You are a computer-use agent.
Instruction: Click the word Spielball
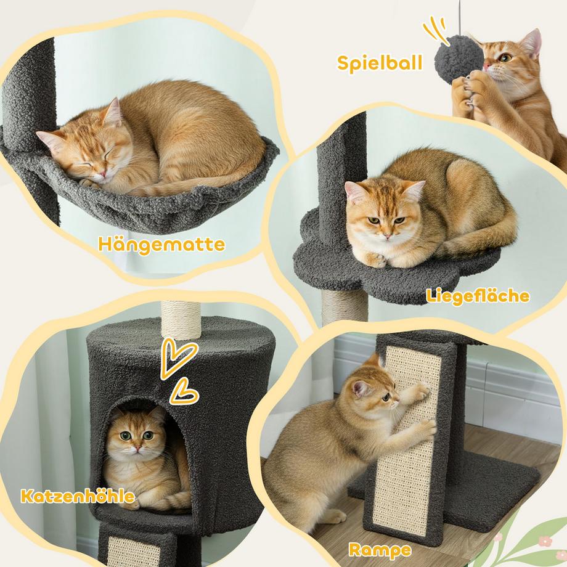pyautogui.click(x=380, y=63)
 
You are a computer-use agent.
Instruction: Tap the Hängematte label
pyautogui.click(x=161, y=245)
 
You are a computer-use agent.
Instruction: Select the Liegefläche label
pyautogui.click(x=478, y=296)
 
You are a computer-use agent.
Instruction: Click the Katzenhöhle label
pyautogui.click(x=78, y=496)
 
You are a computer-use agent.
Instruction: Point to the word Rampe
pyautogui.click(x=380, y=550)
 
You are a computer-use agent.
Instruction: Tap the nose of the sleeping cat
pyautogui.click(x=103, y=174)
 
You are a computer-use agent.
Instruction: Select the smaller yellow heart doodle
pyautogui.click(x=184, y=392)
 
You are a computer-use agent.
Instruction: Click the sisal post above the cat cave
pyautogui.click(x=181, y=319)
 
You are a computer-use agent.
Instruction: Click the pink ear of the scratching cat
pyautogui.click(x=360, y=388)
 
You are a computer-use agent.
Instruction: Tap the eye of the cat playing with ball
pyautogui.click(x=506, y=57)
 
